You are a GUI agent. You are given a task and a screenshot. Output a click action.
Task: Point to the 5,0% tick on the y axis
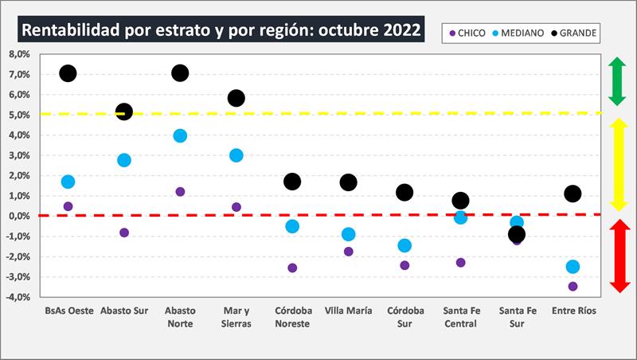pos(18,115)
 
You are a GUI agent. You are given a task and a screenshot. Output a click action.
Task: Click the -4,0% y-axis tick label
pos(18,297)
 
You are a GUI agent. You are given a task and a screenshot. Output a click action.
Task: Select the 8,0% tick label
pos(18,54)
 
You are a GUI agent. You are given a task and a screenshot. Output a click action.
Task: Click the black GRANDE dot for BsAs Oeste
pos(68,73)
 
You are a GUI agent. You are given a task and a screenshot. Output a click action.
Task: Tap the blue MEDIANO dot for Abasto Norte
pos(180,135)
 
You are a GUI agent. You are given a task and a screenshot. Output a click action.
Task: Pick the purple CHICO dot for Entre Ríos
pos(573,286)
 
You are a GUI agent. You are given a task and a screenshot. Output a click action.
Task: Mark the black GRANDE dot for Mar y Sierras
pos(236,98)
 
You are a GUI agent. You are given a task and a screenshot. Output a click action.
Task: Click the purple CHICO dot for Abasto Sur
pos(124,233)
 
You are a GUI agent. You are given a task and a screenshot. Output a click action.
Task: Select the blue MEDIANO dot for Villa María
pos(348,234)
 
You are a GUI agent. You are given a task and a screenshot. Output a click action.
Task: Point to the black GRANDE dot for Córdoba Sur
pos(404,192)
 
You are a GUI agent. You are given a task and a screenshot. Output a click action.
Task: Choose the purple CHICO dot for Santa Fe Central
pos(460,262)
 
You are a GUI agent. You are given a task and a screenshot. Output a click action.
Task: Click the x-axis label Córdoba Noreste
pos(292,317)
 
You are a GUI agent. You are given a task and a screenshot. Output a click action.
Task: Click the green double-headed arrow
pos(616,81)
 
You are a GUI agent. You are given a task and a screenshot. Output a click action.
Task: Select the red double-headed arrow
pos(620,256)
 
